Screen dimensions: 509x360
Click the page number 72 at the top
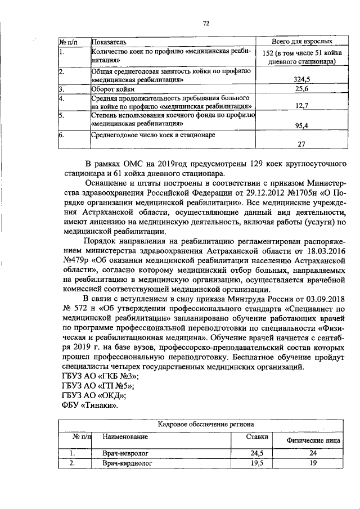point(206,23)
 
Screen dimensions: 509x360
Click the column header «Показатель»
point(111,42)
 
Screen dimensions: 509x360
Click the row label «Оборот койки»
point(111,89)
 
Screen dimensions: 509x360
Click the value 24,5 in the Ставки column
point(257,453)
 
